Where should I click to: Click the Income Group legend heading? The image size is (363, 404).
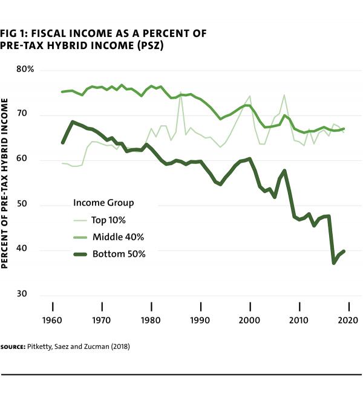coord(103,202)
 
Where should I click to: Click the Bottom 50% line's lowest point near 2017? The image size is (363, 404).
coord(333,263)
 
